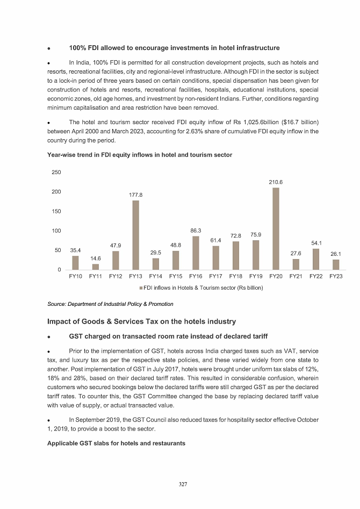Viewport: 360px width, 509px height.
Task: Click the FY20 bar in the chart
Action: tap(276, 228)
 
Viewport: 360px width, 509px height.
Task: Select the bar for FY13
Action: tap(135, 235)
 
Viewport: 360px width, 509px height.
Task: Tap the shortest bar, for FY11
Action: tap(96, 267)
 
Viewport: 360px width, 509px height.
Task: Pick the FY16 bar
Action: tap(196, 253)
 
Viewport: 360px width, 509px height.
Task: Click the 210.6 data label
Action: tap(276, 182)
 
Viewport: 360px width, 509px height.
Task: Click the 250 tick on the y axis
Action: tap(56, 172)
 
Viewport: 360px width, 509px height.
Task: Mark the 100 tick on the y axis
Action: tap(56, 231)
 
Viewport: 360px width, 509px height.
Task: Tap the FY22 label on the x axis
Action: tap(316, 276)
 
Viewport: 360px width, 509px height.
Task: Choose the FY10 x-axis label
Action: tap(76, 276)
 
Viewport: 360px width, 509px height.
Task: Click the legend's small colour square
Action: tap(141, 288)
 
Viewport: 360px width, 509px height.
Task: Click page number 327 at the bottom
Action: tap(183, 484)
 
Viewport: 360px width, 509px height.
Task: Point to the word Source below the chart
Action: tap(56, 304)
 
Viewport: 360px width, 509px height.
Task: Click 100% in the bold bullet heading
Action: tap(80, 48)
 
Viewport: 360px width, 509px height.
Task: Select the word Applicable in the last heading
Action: tap(64, 443)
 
